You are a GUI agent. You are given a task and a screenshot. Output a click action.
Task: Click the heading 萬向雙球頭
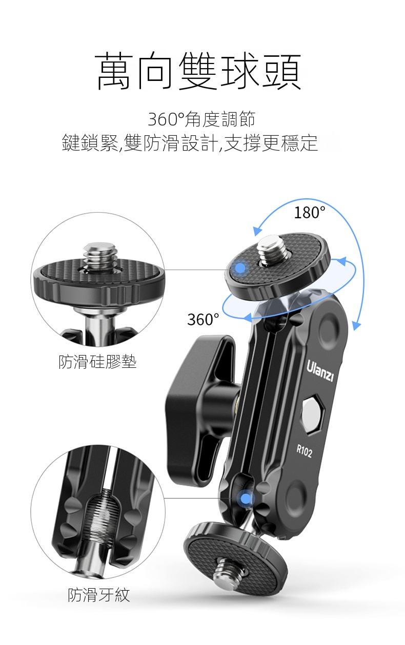coord(198,71)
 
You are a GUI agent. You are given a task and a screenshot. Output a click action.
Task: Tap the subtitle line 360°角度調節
coord(201,119)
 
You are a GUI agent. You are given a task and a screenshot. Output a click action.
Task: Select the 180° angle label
coord(310,213)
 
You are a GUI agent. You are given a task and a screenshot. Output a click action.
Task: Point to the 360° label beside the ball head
coord(203,319)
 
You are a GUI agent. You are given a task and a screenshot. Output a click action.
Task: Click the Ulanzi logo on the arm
coord(320,370)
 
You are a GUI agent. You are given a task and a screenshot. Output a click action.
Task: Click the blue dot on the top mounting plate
coord(240,268)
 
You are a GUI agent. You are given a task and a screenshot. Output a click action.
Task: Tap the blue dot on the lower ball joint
coord(246,498)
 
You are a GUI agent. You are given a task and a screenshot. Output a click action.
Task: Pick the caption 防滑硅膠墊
coord(97,362)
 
